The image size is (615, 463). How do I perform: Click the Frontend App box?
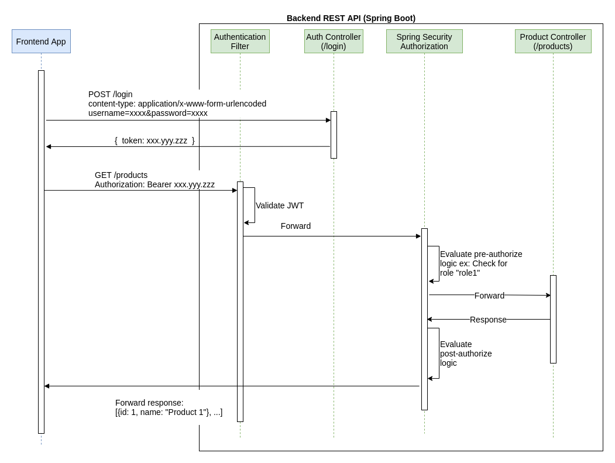(x=41, y=42)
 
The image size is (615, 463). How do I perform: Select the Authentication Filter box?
(x=240, y=42)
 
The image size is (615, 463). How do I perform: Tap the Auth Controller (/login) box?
(x=334, y=42)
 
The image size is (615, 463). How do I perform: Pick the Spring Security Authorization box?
(x=424, y=42)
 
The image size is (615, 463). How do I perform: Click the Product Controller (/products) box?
(x=553, y=42)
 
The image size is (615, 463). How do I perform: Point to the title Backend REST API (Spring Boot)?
(x=351, y=18)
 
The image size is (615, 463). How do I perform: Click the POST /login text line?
(x=111, y=94)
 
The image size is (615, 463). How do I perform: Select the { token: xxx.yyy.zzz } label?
(x=154, y=140)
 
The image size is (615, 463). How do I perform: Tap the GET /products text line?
(x=121, y=175)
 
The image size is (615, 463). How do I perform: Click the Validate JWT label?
(x=280, y=205)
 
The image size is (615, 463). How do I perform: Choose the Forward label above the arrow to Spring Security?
(x=296, y=226)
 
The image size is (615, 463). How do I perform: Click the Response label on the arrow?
(x=488, y=320)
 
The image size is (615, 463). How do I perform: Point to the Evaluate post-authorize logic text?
(x=466, y=354)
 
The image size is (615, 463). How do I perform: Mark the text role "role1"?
(x=460, y=273)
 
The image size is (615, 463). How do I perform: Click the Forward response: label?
(x=149, y=403)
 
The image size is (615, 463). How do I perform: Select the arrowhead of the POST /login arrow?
(x=328, y=120)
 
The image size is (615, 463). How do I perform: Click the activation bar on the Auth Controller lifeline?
(x=334, y=135)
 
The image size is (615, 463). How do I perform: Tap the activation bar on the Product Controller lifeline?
(x=553, y=319)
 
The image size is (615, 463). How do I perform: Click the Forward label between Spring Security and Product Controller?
(x=489, y=296)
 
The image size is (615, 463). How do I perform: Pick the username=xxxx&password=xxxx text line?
(x=148, y=113)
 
